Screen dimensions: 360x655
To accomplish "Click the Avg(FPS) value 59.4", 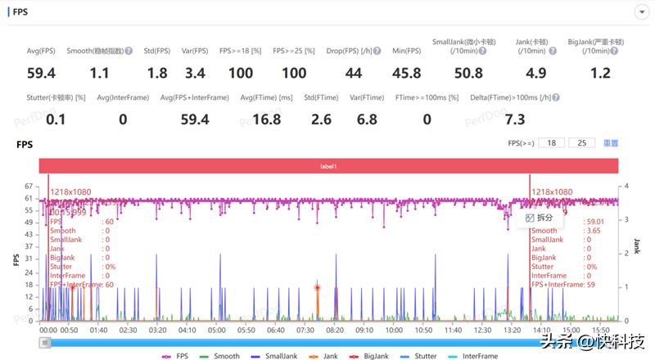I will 40,74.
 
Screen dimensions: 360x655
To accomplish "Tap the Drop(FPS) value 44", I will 353,74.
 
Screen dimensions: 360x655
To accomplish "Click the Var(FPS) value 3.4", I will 195,74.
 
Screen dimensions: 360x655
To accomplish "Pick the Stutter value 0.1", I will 56,120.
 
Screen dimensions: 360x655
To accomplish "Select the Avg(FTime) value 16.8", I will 268,120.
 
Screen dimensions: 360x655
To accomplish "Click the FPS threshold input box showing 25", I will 580,143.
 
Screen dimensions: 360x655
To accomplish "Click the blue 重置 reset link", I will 611,143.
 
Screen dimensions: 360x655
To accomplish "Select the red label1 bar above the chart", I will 328,166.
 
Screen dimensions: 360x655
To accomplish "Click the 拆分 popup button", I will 540,218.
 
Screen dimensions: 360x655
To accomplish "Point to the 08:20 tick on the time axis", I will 335,330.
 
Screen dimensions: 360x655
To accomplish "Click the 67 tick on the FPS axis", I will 29,187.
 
